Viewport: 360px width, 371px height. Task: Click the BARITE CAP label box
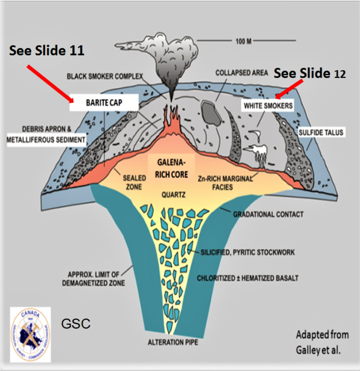point(98,103)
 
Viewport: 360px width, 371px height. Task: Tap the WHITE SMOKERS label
point(268,105)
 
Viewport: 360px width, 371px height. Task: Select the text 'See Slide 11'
point(47,51)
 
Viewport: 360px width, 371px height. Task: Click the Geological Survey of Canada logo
point(30,334)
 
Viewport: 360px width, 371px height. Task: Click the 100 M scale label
point(244,41)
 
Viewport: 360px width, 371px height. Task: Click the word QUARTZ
point(171,194)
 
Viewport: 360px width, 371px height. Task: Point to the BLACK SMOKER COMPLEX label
point(105,76)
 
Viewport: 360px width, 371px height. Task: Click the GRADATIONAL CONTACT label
point(268,214)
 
